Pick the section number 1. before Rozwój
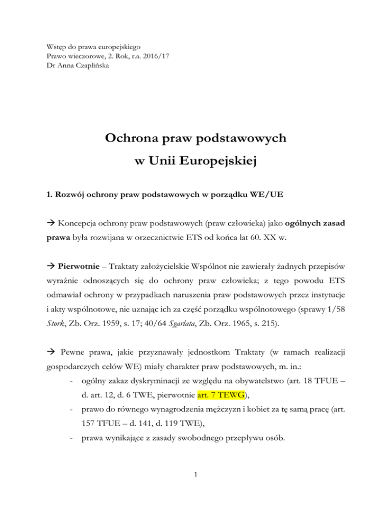pos(48,208)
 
